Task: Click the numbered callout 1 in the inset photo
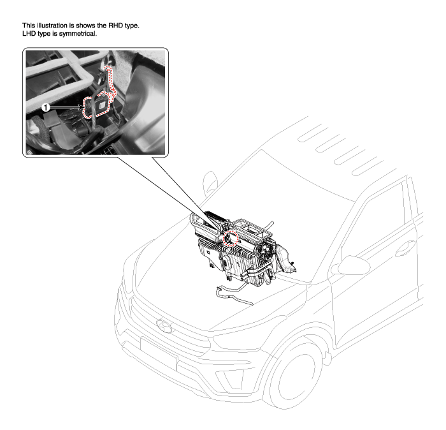(x=45, y=108)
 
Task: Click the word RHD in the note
(x=115, y=26)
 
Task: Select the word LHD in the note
(x=29, y=34)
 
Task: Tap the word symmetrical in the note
(x=78, y=34)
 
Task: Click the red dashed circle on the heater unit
(x=231, y=239)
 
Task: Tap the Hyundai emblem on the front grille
(x=164, y=325)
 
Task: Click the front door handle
(x=405, y=248)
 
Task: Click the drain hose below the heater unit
(x=234, y=295)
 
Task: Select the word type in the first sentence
(x=132, y=26)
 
